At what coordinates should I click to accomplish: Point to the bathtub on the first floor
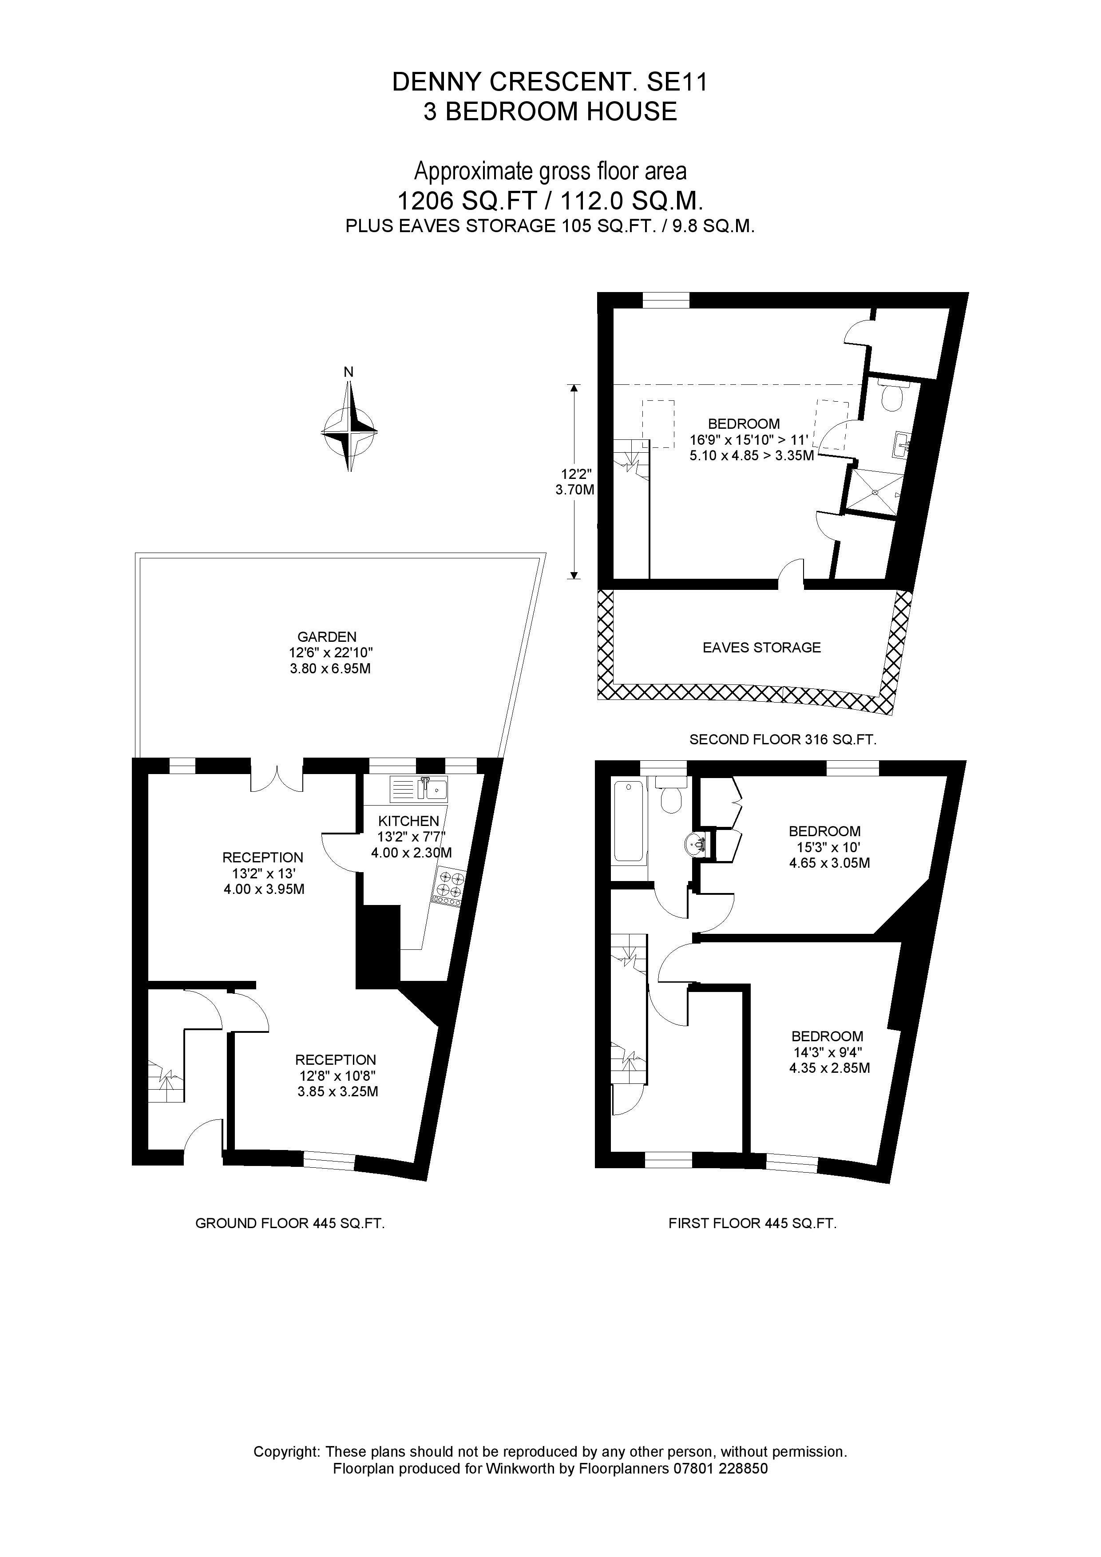coord(629,821)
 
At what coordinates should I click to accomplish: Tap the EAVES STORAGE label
coord(761,648)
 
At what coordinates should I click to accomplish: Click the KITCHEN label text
coord(408,821)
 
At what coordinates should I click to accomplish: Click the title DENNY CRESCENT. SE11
coord(550,83)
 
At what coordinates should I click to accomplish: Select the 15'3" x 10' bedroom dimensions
coord(824,848)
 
